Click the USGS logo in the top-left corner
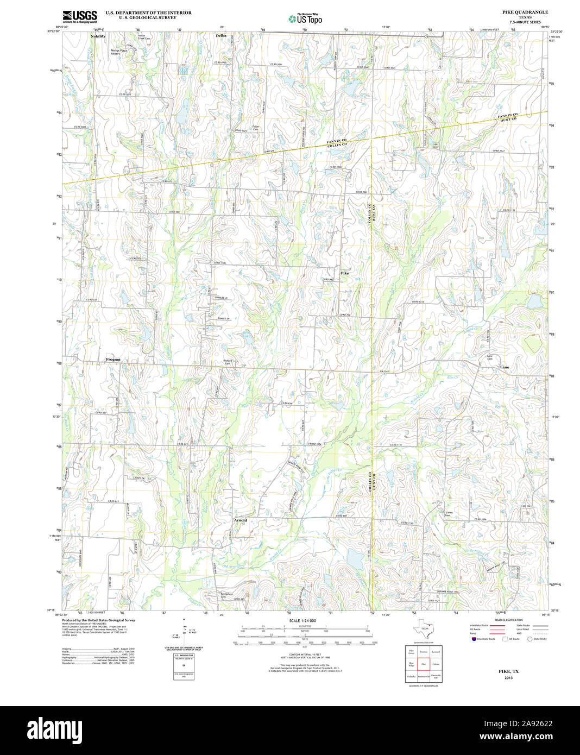coord(80,16)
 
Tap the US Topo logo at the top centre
coord(305,19)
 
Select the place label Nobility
coord(98,36)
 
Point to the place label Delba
coord(221,35)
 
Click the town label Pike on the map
coord(344,273)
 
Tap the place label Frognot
coord(113,360)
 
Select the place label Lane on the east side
coord(505,367)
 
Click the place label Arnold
coord(240,520)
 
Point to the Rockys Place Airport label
coord(119,52)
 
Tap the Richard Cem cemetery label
coord(228,362)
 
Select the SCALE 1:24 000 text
coord(302,620)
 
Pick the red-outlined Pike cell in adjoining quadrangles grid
coord(424,664)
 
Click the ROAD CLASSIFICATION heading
coord(508,620)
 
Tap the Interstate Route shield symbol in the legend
coord(474,639)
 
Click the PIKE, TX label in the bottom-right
coord(508,671)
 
